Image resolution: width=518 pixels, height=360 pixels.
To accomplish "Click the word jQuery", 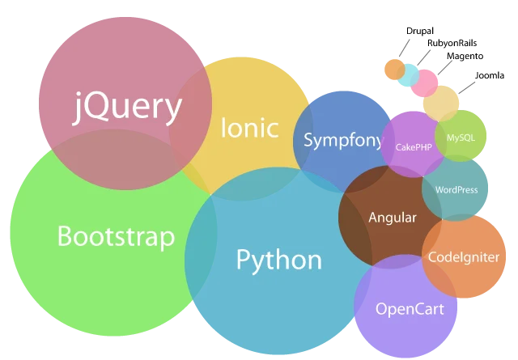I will point(127,108).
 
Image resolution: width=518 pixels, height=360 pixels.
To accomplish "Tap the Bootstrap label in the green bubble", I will point(116,237).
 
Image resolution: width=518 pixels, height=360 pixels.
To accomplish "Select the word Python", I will point(278,260).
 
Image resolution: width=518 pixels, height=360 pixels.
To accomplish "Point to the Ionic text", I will point(249,128).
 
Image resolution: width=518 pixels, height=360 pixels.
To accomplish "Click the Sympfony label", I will point(343,141).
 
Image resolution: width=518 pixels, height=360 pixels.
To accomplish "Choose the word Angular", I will point(392,218).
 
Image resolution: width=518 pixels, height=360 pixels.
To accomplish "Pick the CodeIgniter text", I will point(464,257).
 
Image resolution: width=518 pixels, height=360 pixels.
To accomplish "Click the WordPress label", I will point(456,190).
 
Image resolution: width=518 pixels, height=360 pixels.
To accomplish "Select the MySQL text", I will point(461,138).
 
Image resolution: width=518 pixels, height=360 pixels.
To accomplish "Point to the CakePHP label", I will point(414,147).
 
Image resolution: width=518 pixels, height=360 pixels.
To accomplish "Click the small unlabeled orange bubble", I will point(394,70).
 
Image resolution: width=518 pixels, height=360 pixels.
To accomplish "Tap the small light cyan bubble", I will point(408,75).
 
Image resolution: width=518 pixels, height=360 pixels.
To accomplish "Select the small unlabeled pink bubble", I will point(423,83).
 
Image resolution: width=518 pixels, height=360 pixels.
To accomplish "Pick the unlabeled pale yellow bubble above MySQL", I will point(440,103).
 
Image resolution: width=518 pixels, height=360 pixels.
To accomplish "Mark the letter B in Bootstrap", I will point(64,237).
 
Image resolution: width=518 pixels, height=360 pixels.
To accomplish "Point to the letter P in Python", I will point(244,260).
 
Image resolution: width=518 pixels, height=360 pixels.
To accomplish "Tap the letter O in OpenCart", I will point(382,308).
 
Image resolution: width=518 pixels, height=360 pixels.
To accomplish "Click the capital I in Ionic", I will point(224,128).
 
